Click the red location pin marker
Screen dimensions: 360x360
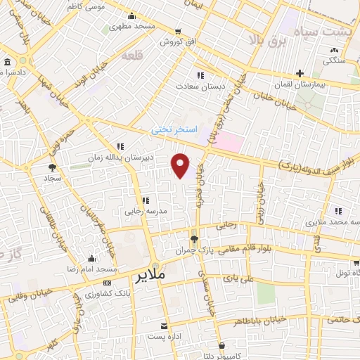pos(181,165)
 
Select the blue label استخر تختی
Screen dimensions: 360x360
pos(172,130)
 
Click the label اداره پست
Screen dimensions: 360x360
pos(164,337)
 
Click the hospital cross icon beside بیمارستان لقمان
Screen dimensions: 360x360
pos(300,73)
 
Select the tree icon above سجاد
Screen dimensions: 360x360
pos(51,167)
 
